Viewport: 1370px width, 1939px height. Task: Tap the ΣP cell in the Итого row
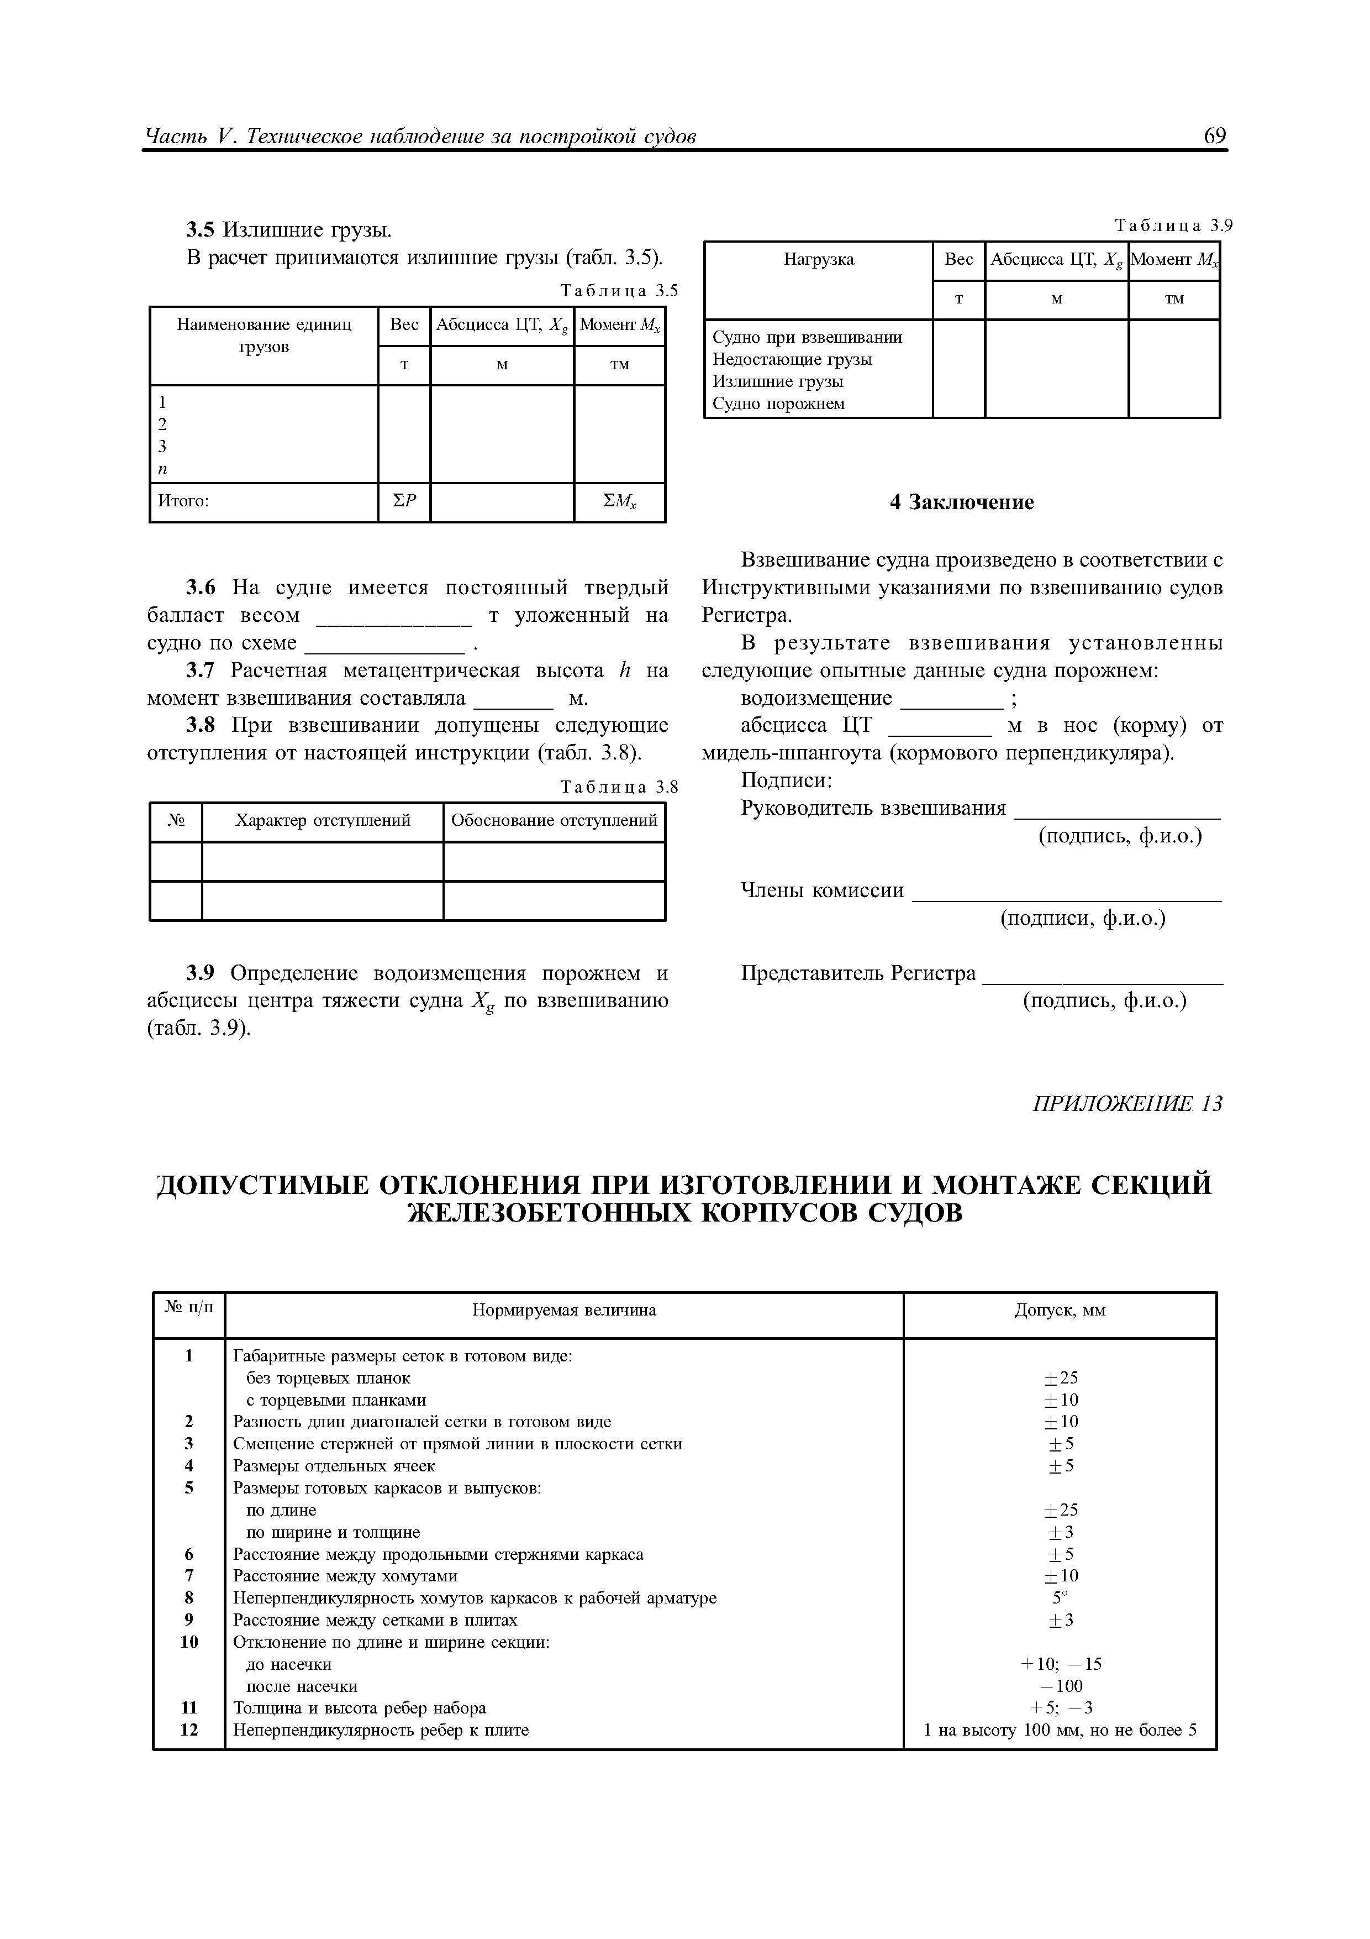[404, 502]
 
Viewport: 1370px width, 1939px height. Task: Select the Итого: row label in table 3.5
[184, 502]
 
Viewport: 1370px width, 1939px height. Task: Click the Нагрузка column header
[818, 260]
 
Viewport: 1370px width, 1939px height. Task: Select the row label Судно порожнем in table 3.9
[778, 403]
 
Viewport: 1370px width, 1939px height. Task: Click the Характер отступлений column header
[323, 820]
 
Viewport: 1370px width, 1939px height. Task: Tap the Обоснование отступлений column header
[554, 820]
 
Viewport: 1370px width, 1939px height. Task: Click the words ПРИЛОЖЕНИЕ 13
[1127, 1104]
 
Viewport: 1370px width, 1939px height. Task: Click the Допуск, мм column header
[1060, 1311]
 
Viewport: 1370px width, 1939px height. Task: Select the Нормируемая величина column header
[564, 1311]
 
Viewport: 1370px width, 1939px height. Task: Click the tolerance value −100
[1060, 1686]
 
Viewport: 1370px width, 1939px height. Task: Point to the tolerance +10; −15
[1060, 1664]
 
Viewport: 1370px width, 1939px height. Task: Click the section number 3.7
[201, 670]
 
